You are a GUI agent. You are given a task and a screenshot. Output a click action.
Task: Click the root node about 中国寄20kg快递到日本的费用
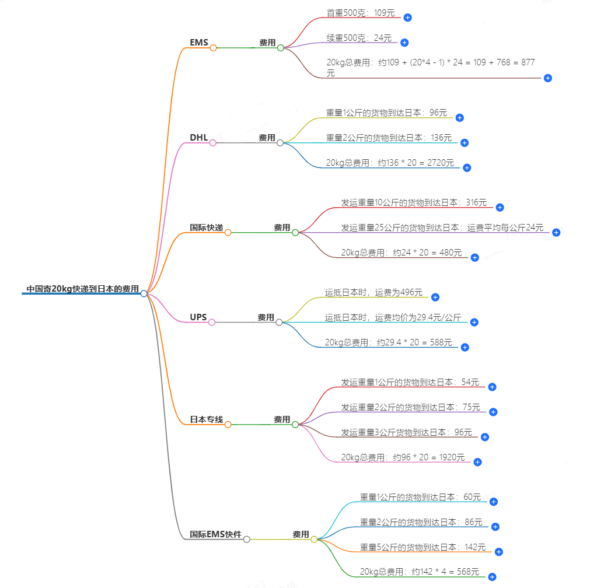coord(82,289)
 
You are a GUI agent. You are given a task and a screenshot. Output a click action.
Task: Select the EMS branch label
coord(198,43)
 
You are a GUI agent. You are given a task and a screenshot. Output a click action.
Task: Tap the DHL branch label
coord(198,138)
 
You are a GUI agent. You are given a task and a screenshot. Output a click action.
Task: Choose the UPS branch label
coord(198,317)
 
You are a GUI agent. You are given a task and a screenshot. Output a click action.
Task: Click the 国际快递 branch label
coord(206,228)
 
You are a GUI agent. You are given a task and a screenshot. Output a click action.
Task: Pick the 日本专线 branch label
coord(206,419)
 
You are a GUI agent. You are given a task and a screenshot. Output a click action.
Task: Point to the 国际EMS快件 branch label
coord(215,534)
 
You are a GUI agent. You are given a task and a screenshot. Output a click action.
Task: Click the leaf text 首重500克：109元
coord(360,12)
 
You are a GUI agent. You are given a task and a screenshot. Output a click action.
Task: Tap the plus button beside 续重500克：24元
coord(404,43)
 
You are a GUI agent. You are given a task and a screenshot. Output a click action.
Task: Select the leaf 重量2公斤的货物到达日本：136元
coord(389,138)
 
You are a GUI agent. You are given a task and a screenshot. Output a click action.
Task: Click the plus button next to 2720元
coord(467,167)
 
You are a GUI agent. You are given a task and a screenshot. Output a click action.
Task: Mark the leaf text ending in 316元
coord(414,202)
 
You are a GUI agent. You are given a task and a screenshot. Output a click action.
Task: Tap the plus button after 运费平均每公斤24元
coord(556,232)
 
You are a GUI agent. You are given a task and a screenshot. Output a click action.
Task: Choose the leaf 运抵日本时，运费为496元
coord(373,292)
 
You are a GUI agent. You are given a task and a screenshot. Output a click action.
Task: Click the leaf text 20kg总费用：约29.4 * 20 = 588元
coord(388,342)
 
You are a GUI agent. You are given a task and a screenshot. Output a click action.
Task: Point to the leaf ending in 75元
coord(410,407)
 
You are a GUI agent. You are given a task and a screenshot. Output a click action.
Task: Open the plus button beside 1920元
coord(477,462)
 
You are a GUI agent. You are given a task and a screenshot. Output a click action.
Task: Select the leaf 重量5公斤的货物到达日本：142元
coord(423,547)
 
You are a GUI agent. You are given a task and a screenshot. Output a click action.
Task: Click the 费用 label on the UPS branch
coord(266,317)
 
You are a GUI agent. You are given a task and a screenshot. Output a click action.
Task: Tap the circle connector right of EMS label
coord(213,48)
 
